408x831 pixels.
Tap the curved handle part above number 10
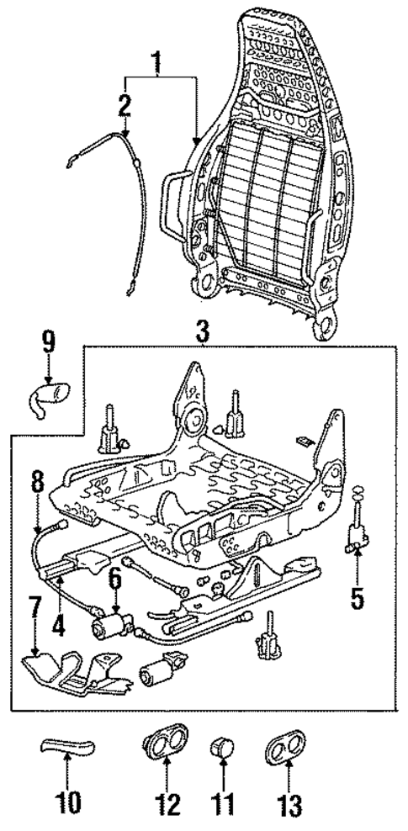(66, 744)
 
